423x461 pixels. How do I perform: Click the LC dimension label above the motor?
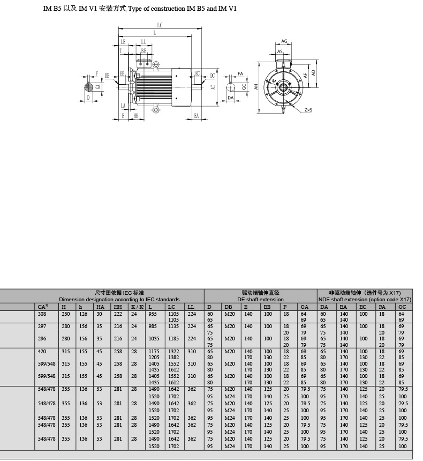160,25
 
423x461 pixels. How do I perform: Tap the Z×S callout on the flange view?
308,110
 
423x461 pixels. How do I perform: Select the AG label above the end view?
284,41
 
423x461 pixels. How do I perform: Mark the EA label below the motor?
197,115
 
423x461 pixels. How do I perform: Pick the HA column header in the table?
100,307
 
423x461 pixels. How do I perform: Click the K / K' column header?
138,307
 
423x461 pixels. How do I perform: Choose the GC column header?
402,307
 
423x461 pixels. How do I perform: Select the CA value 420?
43,351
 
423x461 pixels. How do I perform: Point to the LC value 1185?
173,339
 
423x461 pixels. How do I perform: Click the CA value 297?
43,326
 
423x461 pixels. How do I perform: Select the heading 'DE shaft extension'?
260,299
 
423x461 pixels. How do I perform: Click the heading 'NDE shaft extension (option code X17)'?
365,299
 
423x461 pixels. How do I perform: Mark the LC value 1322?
173,351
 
